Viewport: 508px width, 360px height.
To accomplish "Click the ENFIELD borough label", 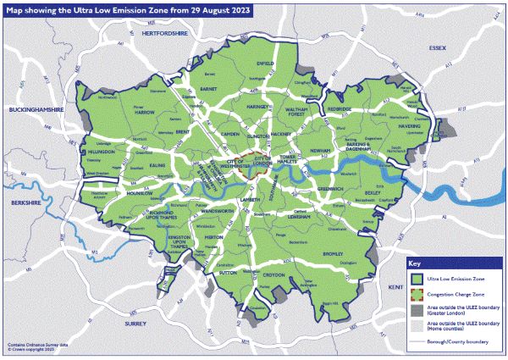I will [265, 63].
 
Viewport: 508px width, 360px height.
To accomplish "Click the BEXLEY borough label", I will [373, 192].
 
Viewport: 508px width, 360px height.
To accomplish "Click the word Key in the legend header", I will [415, 262].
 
